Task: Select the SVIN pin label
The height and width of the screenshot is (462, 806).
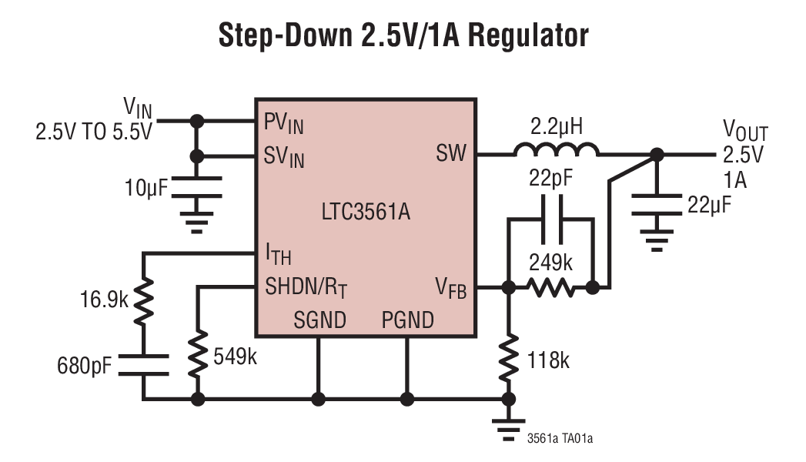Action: coord(284,157)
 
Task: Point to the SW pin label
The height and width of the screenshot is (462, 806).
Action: coord(451,153)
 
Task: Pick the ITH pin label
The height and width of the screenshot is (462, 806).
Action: coord(278,253)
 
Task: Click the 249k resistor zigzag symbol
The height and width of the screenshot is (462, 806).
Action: coord(550,288)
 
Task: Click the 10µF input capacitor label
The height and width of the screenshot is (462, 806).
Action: coord(145,187)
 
